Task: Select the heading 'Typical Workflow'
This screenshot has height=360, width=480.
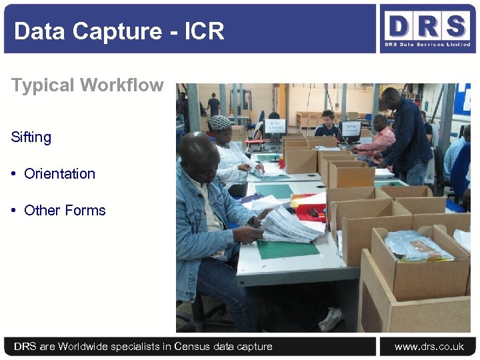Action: [87, 85]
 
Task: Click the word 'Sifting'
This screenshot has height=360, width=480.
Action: [31, 137]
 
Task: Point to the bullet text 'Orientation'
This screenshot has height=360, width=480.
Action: [59, 174]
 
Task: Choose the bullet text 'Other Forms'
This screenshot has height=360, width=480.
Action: [65, 211]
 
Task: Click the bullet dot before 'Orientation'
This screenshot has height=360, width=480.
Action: [14, 174]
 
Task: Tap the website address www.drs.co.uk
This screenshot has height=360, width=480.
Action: [429, 347]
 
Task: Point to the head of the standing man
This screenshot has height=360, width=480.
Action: [391, 98]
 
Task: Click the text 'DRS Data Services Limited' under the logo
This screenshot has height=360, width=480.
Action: [427, 45]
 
